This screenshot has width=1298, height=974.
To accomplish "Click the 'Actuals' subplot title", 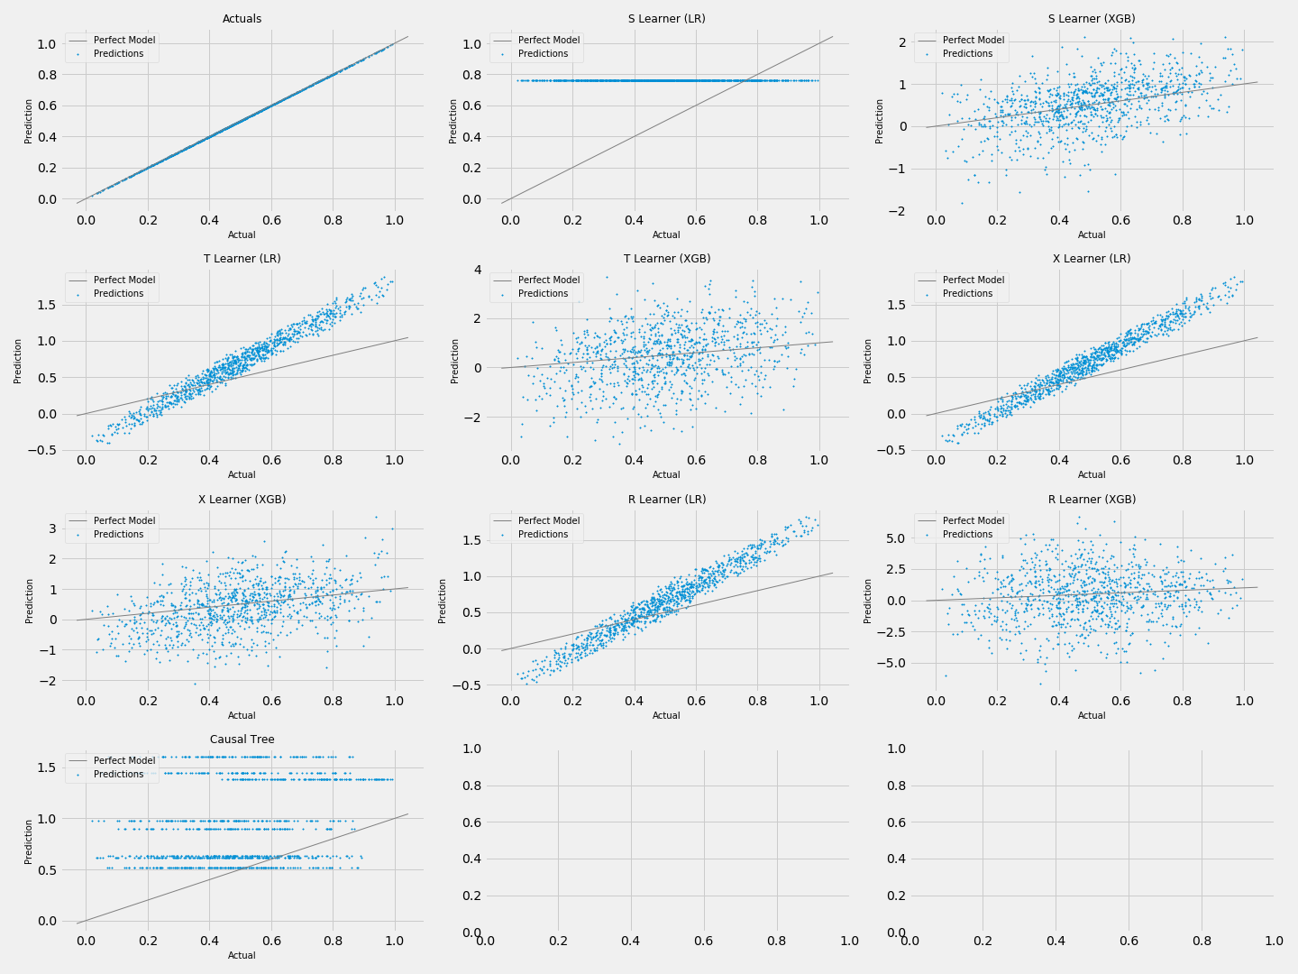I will (242, 19).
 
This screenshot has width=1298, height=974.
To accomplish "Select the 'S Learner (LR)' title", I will (666, 19).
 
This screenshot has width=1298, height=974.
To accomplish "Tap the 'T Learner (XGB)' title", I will (666, 259).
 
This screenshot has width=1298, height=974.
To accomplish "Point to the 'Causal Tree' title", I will (242, 740).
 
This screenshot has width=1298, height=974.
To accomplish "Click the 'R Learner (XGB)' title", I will (1092, 500).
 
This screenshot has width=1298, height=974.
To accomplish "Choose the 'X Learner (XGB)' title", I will (242, 500).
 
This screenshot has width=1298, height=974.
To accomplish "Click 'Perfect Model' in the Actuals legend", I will (124, 41).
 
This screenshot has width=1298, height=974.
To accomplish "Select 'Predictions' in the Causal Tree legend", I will (118, 775).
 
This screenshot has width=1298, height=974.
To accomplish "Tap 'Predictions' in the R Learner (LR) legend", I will (543, 535).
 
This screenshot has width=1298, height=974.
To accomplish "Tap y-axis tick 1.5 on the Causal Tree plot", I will (46, 768).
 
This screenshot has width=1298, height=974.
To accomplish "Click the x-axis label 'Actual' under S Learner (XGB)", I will (1092, 235).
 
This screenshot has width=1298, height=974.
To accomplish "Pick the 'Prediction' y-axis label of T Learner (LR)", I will (18, 361).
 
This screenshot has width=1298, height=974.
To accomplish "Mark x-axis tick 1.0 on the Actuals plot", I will (394, 219).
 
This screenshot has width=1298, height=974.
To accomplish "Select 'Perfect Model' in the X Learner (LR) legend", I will (973, 280).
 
